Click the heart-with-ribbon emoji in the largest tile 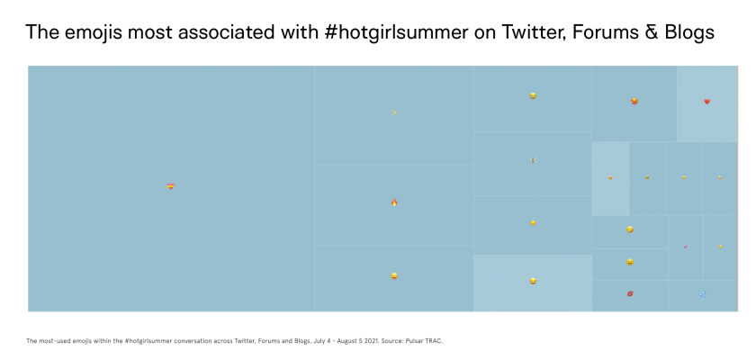(171, 186)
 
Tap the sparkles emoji (394, 112)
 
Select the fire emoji (394, 202)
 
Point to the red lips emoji (630, 293)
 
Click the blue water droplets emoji (703, 293)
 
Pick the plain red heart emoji (706, 102)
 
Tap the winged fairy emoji (533, 160)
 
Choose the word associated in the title (225, 31)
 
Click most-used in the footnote (51, 341)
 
